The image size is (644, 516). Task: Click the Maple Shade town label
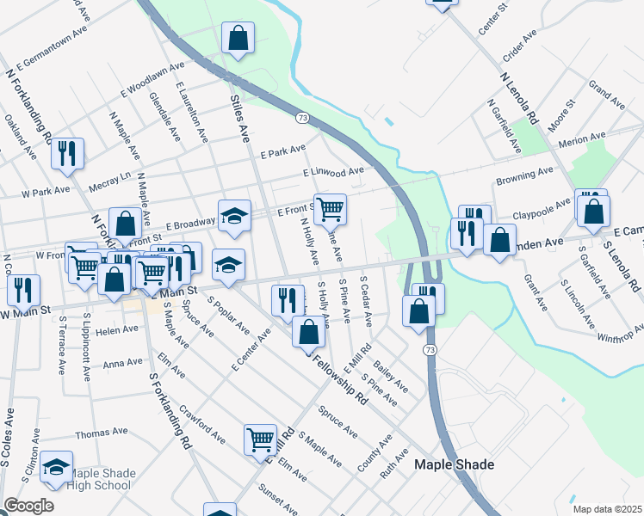455,465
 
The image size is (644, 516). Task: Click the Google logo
28,506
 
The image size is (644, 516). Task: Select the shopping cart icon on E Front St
330,209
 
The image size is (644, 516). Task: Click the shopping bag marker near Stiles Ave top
238,38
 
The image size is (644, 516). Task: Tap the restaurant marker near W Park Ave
66,153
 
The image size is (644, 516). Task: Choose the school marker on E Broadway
234,218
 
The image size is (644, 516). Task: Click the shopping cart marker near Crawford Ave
260,439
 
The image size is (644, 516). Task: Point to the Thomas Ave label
96,435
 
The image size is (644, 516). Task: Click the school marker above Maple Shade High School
57,467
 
